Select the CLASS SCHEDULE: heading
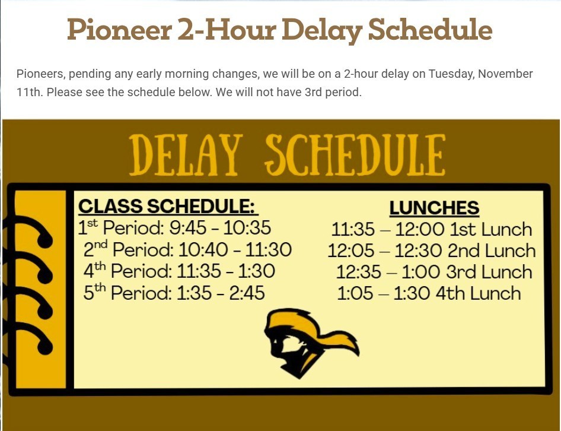tap(168, 207)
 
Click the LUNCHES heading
tap(434, 208)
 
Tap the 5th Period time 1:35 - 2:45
tap(221, 293)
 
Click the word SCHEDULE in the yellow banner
tap(355, 155)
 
